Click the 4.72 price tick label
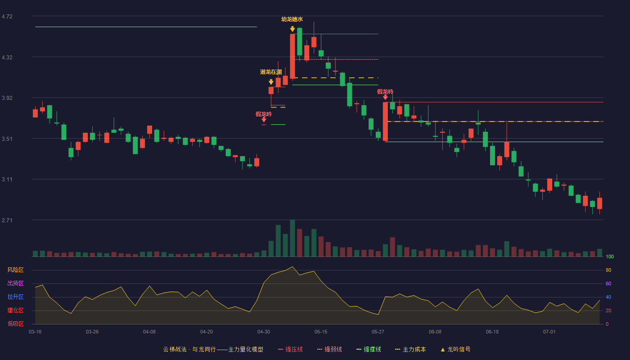pos(7,17)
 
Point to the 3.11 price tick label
pos(7,180)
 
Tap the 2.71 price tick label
pos(7,220)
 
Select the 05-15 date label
pos(321,332)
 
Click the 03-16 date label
pos(35,332)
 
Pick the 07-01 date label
pos(549,332)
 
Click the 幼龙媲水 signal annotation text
pos(292,19)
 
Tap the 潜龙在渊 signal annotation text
pos(271,72)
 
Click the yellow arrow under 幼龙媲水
pos(292,29)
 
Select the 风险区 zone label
pos(15,270)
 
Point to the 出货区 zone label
pos(15,283)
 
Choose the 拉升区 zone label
pos(15,297)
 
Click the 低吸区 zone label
pos(15,324)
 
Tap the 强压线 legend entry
pos(290,349)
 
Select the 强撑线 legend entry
pos(369,349)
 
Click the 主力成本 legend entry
pos(410,349)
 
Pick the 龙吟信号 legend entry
pos(455,349)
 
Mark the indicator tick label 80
pos(608,270)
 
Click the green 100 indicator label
pos(610,256)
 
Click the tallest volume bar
pos(292,238)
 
